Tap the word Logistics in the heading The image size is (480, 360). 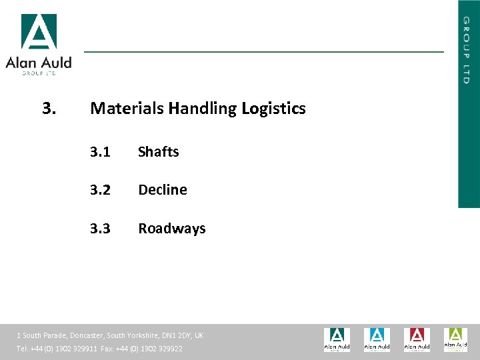point(273,108)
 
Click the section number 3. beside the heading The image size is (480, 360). point(49,108)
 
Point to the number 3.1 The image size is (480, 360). point(101,152)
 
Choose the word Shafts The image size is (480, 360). point(158,152)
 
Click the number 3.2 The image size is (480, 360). point(101,190)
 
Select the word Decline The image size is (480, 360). point(162,190)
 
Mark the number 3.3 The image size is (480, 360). point(101,229)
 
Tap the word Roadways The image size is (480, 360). point(171,229)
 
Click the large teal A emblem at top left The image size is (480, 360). point(39,32)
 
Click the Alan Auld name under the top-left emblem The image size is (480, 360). point(39,63)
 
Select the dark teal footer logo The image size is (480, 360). point(337,339)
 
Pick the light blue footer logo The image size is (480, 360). point(377,339)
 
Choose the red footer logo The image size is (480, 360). point(416,339)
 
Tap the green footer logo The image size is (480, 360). point(456,339)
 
